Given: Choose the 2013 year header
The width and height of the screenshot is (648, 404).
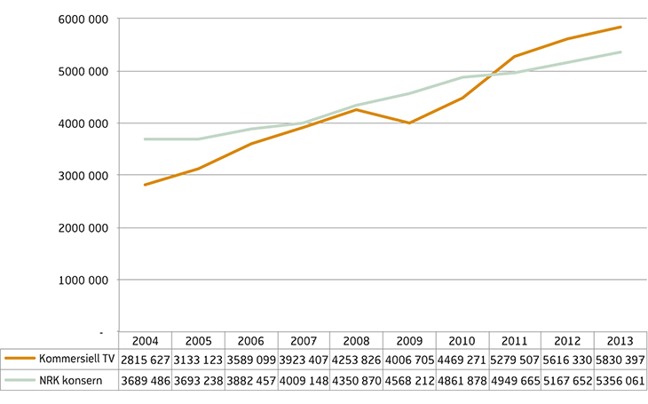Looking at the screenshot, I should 620,341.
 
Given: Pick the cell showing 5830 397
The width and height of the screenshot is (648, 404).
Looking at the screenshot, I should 620,360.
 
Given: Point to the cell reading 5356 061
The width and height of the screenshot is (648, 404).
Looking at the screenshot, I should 620,380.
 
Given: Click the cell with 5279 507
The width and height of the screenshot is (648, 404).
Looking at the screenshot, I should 514,360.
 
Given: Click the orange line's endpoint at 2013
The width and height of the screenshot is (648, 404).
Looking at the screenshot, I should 620,28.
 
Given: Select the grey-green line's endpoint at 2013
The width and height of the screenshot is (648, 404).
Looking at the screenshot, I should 620,51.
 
